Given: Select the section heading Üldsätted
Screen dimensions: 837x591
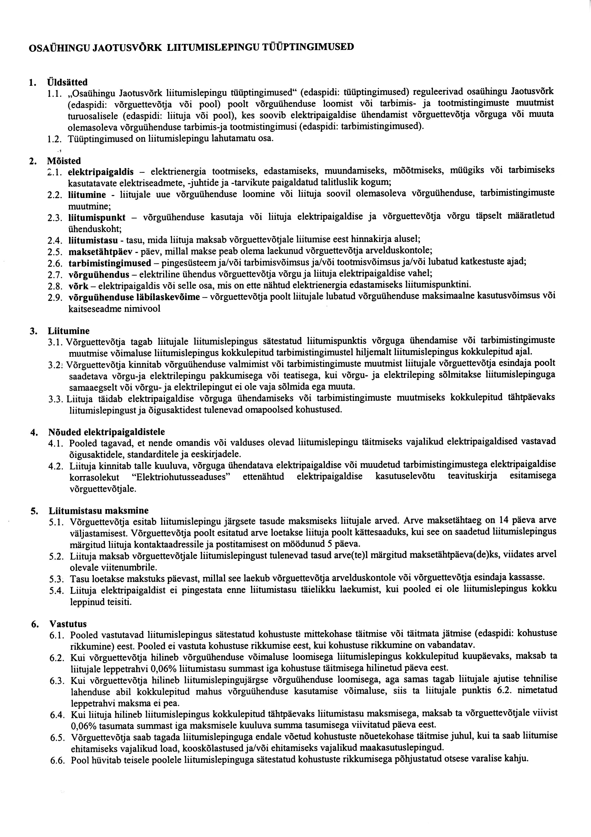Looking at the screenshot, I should (68, 81).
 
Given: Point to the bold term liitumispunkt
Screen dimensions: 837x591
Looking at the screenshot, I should (97, 218).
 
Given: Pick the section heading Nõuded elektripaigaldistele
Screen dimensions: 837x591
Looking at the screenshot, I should (106, 432).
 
